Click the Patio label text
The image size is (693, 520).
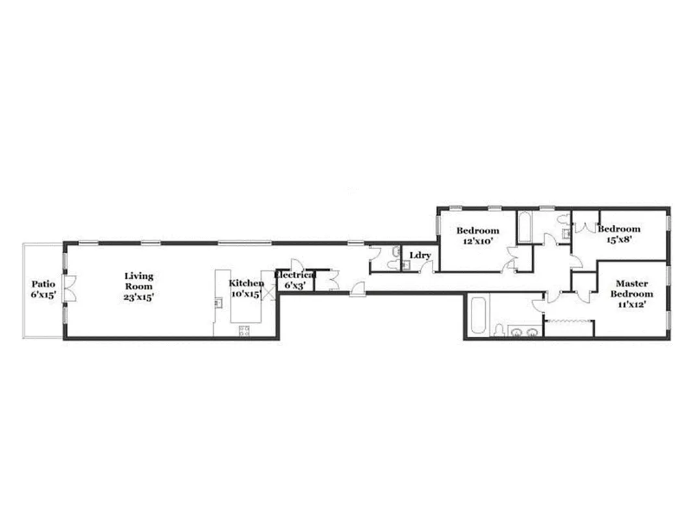click(44, 284)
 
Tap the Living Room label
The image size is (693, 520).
click(139, 281)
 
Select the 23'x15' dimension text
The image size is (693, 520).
click(139, 296)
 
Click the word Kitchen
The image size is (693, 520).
click(246, 283)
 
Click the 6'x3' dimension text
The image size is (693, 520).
click(296, 285)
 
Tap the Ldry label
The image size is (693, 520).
click(420, 255)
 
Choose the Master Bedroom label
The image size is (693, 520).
click(631, 289)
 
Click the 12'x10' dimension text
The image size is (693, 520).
click(477, 240)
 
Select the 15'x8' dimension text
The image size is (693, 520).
click(618, 239)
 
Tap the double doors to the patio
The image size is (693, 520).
click(69, 289)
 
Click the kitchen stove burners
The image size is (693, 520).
click(245, 330)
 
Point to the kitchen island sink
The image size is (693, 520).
click(219, 302)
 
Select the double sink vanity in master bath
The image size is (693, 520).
click(523, 332)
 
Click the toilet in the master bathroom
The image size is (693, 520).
click(499, 331)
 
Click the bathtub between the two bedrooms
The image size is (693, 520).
click(525, 226)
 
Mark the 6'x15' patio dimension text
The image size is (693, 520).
click(44, 294)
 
